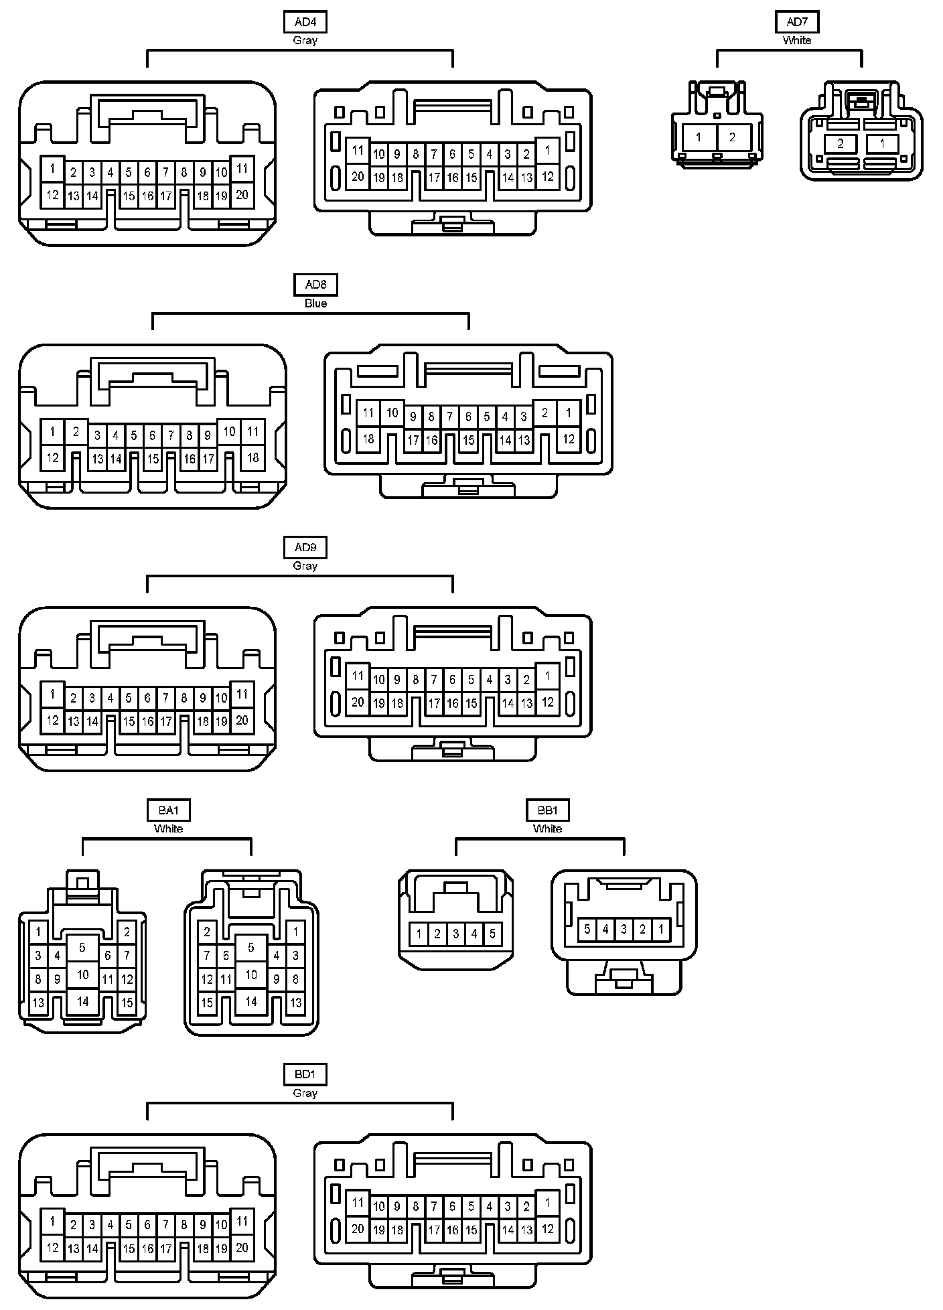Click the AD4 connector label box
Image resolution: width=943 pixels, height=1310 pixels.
coord(305,22)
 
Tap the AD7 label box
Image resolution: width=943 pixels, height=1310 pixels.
coord(797,22)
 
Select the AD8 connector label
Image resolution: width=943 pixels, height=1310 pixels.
coord(315,285)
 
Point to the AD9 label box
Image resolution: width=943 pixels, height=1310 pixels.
coord(305,547)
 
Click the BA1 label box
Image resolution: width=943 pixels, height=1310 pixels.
coord(168,810)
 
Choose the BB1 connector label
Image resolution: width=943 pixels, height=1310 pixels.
coord(547,810)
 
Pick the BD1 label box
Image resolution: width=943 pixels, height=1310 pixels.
coord(305,1075)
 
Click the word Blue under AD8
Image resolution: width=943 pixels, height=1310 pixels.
coord(315,303)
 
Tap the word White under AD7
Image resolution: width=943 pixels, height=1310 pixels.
coord(797,40)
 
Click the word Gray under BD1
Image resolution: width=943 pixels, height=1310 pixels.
coord(305,1093)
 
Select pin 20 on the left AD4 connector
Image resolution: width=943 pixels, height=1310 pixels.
coord(242,195)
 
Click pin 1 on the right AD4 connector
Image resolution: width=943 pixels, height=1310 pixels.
coord(548,150)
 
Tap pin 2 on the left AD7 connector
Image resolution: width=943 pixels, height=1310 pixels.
coord(732,137)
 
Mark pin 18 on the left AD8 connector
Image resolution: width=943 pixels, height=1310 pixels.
coord(252,458)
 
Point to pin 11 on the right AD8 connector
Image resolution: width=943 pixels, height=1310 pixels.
coord(368,413)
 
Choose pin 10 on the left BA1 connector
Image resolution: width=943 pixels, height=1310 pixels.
coord(82,974)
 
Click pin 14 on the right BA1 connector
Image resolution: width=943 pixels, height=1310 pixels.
coord(251,1001)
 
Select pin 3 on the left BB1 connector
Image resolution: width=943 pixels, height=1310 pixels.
coord(455,934)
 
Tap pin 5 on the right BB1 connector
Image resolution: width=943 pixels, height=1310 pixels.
coord(587,929)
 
